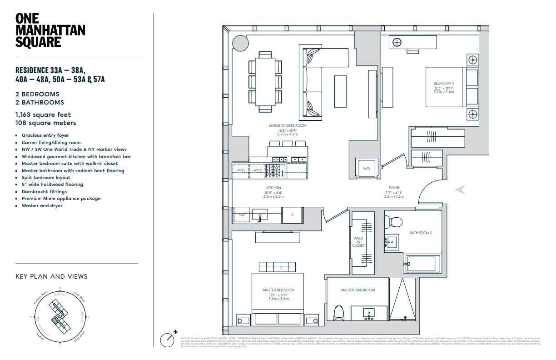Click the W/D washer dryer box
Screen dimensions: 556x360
pyautogui.click(x=366, y=168)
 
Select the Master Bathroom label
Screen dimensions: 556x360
pyautogui.click(x=358, y=290)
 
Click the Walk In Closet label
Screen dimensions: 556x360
pyautogui.click(x=358, y=242)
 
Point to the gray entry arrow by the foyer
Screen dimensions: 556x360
pyautogui.click(x=460, y=190)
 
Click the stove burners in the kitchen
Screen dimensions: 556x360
pyautogui.click(x=274, y=170)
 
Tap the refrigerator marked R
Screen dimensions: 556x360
pyautogui.click(x=293, y=215)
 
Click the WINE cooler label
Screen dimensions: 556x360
pyautogui.click(x=258, y=170)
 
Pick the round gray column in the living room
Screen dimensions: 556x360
pyautogui.click(x=240, y=45)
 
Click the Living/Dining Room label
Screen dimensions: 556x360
pyautogui.click(x=288, y=125)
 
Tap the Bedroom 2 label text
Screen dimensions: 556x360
pyautogui.click(x=444, y=83)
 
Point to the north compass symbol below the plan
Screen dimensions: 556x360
pyautogui.click(x=168, y=339)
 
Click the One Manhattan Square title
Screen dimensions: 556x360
pyautogui.click(x=50, y=30)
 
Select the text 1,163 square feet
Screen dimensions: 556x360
pyautogui.click(x=43, y=115)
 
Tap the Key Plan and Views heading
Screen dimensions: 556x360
pyautogui.click(x=51, y=276)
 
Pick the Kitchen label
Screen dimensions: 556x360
pyautogui.click(x=273, y=188)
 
